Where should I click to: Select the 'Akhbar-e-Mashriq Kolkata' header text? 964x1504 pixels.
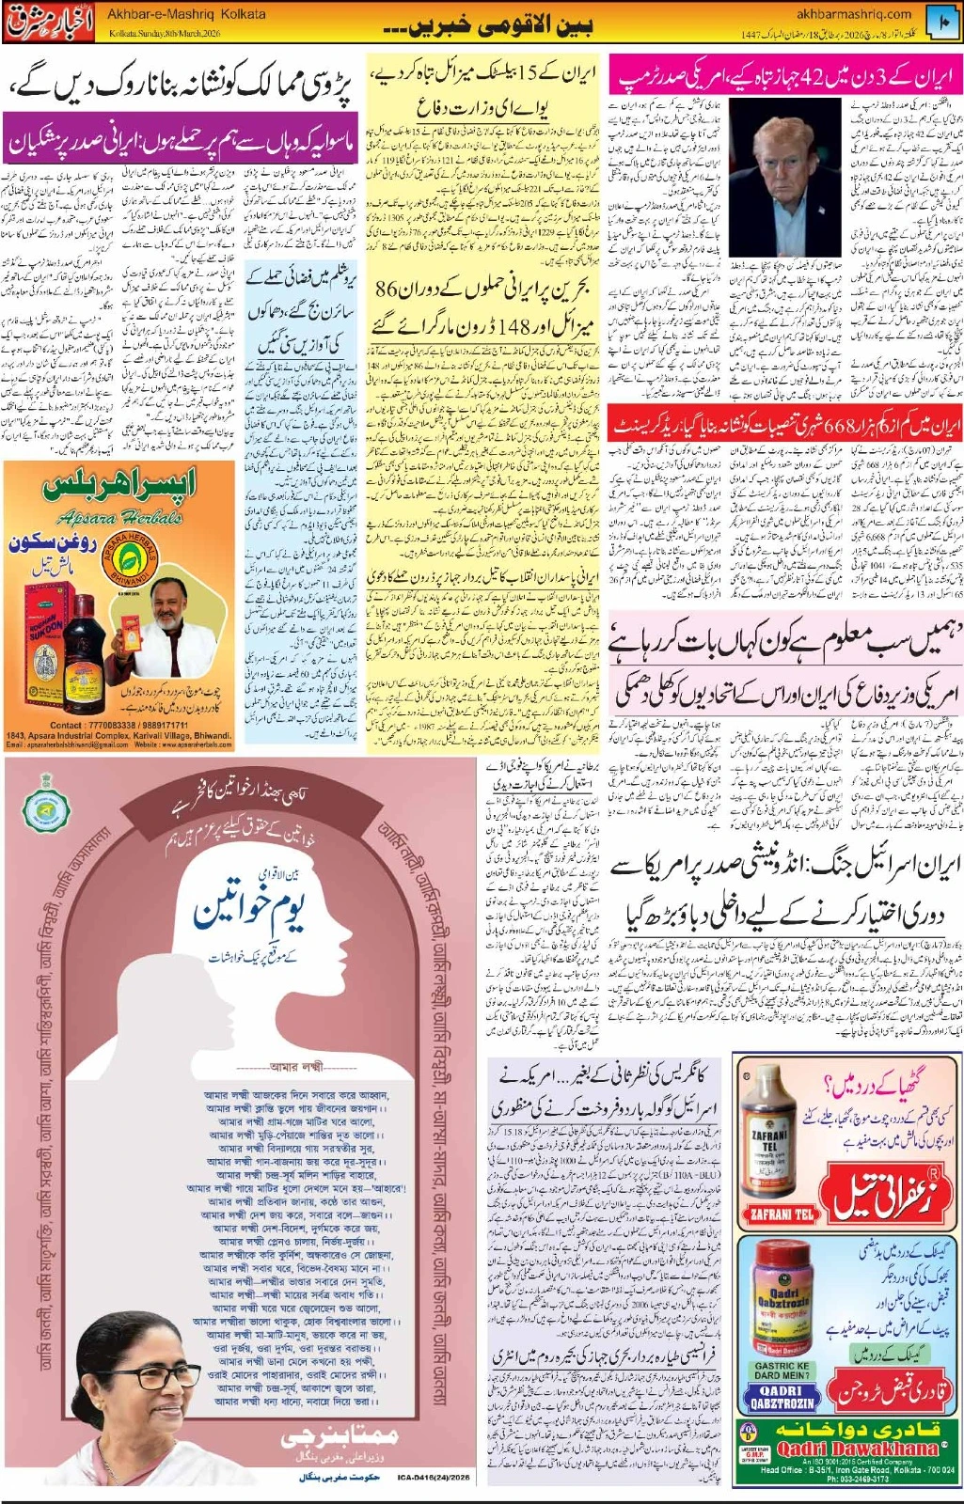pos(186,15)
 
